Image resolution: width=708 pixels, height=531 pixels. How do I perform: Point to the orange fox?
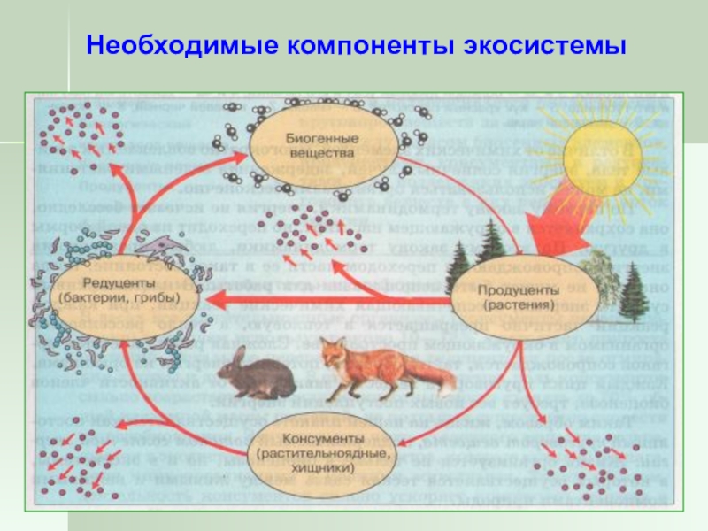[x=372, y=367]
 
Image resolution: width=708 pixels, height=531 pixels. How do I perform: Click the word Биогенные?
[x=309, y=139]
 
